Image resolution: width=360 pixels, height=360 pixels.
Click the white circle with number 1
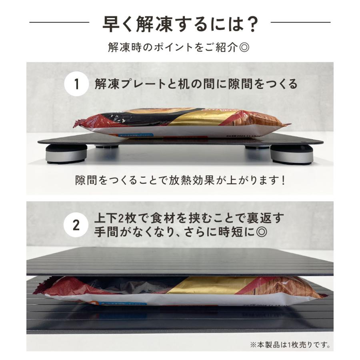click(x=76, y=84)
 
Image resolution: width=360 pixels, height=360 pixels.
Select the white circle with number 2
click(x=76, y=225)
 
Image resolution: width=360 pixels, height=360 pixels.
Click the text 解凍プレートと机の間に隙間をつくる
click(x=196, y=84)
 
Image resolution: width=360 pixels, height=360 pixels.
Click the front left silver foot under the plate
click(x=66, y=154)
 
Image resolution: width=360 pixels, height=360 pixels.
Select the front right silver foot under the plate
click(x=292, y=154)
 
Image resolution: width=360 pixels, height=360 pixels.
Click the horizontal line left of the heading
click(x=60, y=23)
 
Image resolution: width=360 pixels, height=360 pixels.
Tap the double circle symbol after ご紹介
click(x=245, y=47)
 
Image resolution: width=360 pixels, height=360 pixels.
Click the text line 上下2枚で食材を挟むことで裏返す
click(x=189, y=218)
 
